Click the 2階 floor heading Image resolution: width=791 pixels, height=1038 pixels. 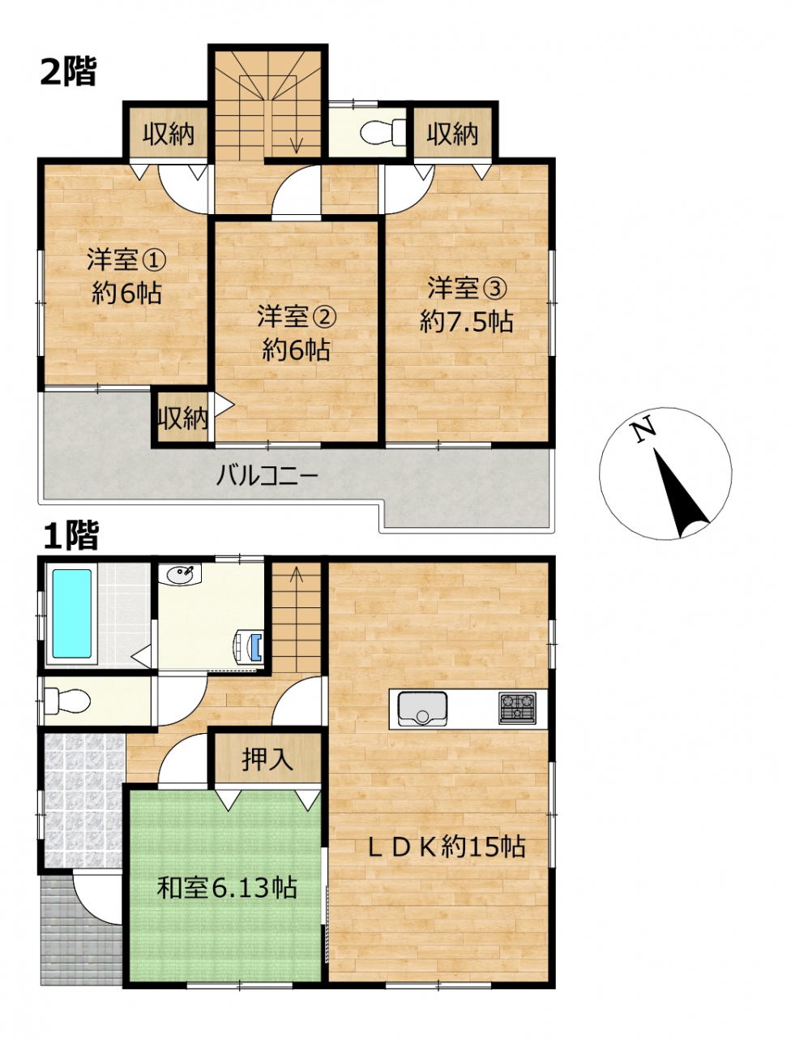[x=68, y=72]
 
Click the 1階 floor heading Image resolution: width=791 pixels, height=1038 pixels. [x=71, y=536]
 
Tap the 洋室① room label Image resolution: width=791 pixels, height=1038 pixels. [x=126, y=260]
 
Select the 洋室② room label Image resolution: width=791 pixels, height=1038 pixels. [x=297, y=316]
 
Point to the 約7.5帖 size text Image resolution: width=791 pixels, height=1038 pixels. [x=466, y=322]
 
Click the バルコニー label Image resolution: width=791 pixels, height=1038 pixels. [x=267, y=476]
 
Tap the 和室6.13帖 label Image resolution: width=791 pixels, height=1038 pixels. [x=227, y=889]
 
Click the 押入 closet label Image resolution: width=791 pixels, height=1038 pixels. [x=267, y=760]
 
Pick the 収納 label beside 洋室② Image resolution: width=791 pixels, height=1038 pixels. [x=183, y=418]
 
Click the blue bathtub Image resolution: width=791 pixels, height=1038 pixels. [x=72, y=613]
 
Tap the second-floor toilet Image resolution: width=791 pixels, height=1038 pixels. [x=383, y=133]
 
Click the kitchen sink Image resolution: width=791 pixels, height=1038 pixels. [x=422, y=709]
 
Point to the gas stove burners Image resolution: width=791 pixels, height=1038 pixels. [x=517, y=708]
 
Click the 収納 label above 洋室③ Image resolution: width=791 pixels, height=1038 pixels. [x=452, y=134]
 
